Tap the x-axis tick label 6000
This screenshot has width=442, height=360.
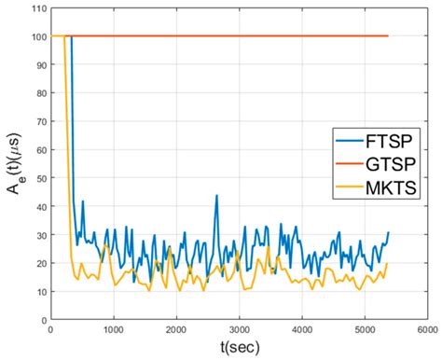(x=427, y=329)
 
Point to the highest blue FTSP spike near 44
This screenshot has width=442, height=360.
(x=216, y=195)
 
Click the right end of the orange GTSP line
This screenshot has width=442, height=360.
(x=388, y=36)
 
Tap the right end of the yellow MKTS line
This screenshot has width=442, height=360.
(x=388, y=263)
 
